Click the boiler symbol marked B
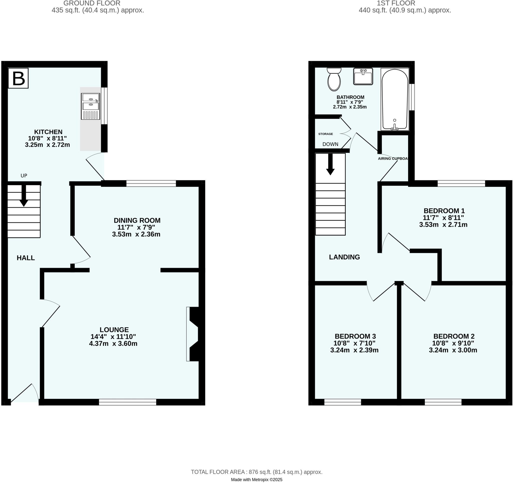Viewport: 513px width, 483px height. click(18, 78)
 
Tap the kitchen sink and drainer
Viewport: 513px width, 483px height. click(90, 106)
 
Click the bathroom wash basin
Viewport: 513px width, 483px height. click(363, 77)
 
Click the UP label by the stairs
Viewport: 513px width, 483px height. click(24, 176)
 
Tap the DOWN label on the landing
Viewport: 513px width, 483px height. click(330, 144)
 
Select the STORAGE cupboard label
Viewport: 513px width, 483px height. click(325, 134)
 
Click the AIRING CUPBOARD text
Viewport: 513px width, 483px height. click(393, 158)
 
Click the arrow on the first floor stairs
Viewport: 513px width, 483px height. click(330, 165)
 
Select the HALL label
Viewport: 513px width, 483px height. click(26, 258)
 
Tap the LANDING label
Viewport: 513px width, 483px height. click(344, 257)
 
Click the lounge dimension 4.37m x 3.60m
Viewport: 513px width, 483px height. click(113, 343)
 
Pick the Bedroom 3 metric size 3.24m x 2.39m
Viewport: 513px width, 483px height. click(354, 350)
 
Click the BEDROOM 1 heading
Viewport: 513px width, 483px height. click(444, 211)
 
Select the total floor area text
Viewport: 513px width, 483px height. click(256, 472)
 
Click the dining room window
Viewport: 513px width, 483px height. click(151, 183)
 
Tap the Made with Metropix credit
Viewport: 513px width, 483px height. click(256, 480)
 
